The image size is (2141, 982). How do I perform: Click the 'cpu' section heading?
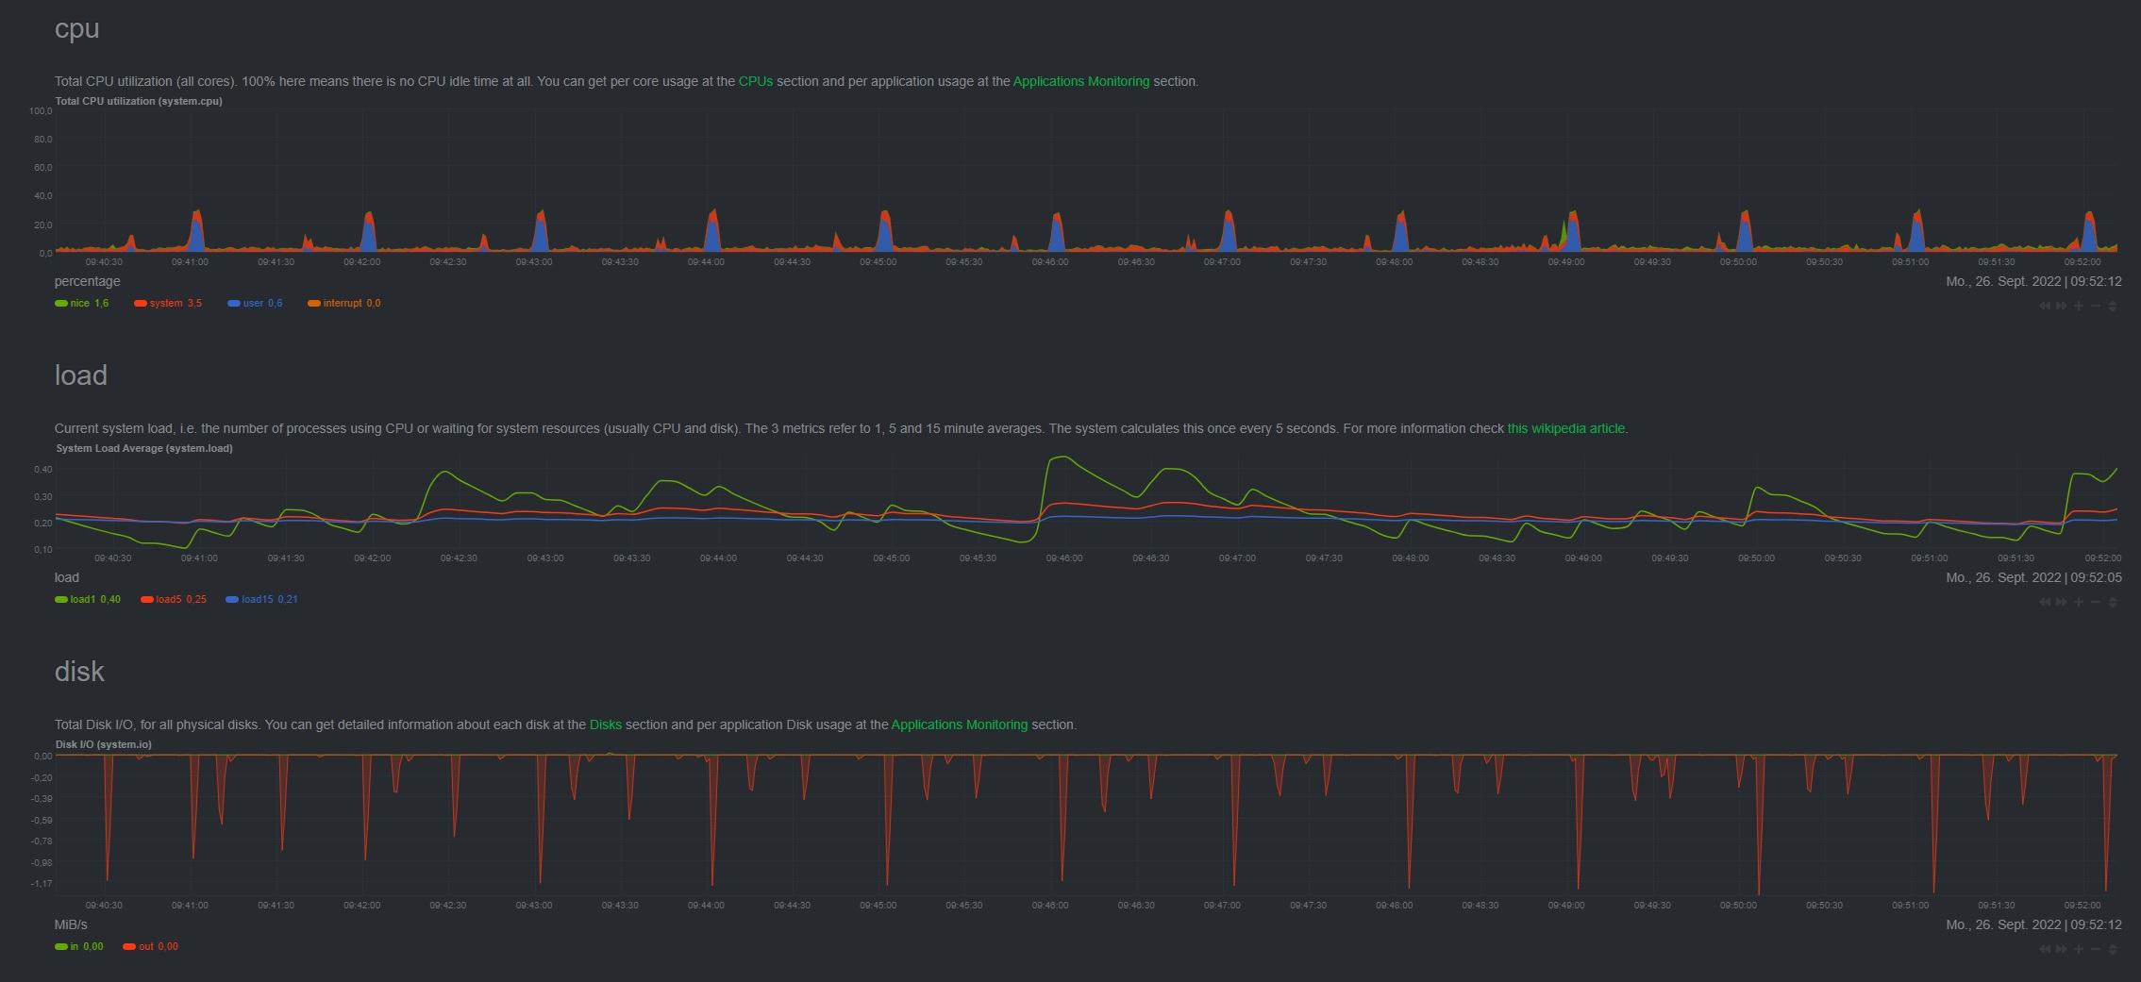[x=76, y=29]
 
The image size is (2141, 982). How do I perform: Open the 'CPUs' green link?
[x=755, y=81]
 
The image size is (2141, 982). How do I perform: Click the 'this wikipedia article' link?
[x=1566, y=428]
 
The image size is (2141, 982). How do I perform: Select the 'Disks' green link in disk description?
[x=605, y=724]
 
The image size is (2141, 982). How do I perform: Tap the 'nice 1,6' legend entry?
[x=82, y=303]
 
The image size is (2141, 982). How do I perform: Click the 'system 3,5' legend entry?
[x=168, y=303]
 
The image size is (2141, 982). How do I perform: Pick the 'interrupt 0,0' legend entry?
[x=344, y=303]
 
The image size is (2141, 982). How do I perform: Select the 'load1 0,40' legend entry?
[x=88, y=599]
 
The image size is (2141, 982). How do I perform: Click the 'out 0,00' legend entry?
[x=151, y=946]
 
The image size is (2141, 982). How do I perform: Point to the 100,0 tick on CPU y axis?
[x=41, y=111]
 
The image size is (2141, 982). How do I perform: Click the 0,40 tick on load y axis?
[x=43, y=469]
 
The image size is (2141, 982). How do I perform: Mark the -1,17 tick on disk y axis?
[x=42, y=884]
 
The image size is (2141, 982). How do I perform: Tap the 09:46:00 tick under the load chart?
[x=1064, y=558]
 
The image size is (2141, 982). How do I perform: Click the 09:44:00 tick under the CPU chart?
[x=706, y=262]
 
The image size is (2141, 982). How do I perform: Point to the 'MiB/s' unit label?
[x=71, y=924]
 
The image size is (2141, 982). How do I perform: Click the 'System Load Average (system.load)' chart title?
[x=144, y=448]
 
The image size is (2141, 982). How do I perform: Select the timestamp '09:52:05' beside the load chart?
[x=2096, y=577]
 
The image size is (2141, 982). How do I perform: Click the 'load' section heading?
[x=81, y=375]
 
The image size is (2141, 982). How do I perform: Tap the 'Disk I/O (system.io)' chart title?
[x=104, y=744]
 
